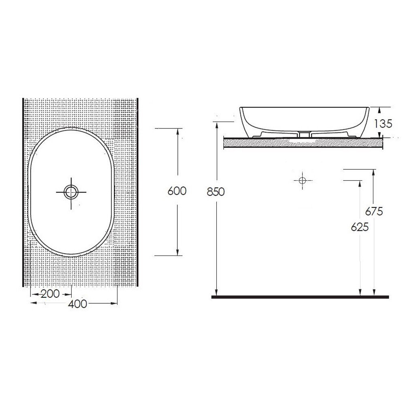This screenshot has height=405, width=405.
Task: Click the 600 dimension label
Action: click(177, 191)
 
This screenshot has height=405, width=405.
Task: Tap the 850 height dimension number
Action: click(216, 192)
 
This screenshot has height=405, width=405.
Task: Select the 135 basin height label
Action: click(383, 124)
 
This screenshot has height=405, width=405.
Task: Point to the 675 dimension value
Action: click(374, 211)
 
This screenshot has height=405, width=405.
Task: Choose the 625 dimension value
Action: click(360, 227)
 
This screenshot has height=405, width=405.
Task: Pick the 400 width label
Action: click(78, 304)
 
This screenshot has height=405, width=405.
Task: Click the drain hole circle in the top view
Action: click(71, 192)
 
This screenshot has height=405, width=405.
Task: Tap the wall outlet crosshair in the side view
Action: click(303, 180)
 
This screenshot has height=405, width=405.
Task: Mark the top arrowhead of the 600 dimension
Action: click(177, 131)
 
